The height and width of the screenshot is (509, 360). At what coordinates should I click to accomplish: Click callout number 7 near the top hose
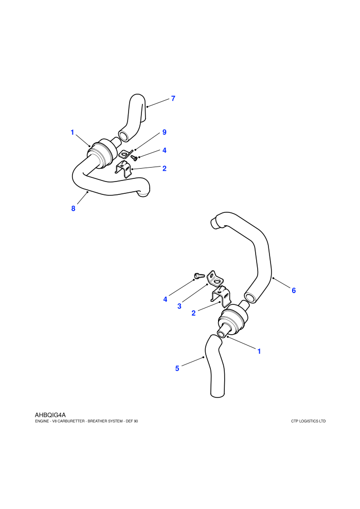click(173, 98)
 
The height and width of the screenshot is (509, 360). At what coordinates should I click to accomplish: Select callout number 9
click(164, 132)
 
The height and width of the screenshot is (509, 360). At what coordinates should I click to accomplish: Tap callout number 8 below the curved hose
click(74, 208)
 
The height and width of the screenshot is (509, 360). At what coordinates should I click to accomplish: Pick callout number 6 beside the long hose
click(294, 290)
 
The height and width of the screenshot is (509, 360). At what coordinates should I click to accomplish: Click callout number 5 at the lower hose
click(177, 369)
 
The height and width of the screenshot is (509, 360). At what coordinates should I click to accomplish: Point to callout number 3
click(179, 306)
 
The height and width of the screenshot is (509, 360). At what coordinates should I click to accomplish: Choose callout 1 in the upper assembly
click(73, 133)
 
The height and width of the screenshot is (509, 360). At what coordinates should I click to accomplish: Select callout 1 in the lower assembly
click(259, 351)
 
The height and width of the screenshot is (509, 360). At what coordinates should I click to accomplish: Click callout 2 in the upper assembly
click(164, 168)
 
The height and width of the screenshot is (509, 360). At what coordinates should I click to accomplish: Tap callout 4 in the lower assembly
click(165, 299)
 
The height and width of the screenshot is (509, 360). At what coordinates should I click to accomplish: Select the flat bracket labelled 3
click(215, 279)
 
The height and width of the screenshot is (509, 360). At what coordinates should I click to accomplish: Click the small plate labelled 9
click(125, 154)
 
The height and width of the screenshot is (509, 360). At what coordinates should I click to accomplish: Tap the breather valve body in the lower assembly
click(232, 319)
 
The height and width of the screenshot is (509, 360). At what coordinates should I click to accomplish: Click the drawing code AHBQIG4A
click(50, 415)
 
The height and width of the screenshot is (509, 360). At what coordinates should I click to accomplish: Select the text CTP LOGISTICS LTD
click(309, 421)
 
